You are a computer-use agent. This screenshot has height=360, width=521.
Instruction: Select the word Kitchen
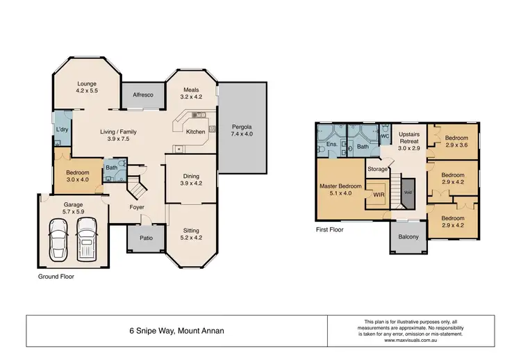coord(195,131)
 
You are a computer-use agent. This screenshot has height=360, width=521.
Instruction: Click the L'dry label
coord(62,130)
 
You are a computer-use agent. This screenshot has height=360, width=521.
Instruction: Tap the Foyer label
coord(136,206)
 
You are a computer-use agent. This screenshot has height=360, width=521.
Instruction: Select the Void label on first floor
coord(408,193)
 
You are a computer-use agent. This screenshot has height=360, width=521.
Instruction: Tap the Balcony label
coord(408,237)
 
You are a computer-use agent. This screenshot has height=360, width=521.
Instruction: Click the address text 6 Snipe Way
coord(176,331)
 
